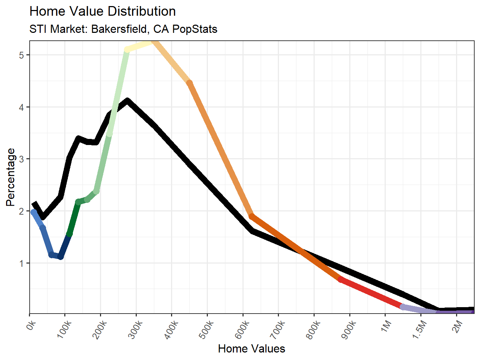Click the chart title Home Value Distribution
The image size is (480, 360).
(x=102, y=11)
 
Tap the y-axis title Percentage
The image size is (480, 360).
(x=11, y=177)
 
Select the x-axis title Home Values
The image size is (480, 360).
(x=251, y=349)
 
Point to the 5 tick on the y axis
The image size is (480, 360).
(x=22, y=55)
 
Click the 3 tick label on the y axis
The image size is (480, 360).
(x=22, y=159)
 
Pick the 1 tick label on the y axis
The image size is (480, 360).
(x=22, y=264)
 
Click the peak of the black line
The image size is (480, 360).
(x=127, y=101)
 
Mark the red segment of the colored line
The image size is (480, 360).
(x=371, y=293)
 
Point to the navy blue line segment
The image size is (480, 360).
(x=65, y=246)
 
